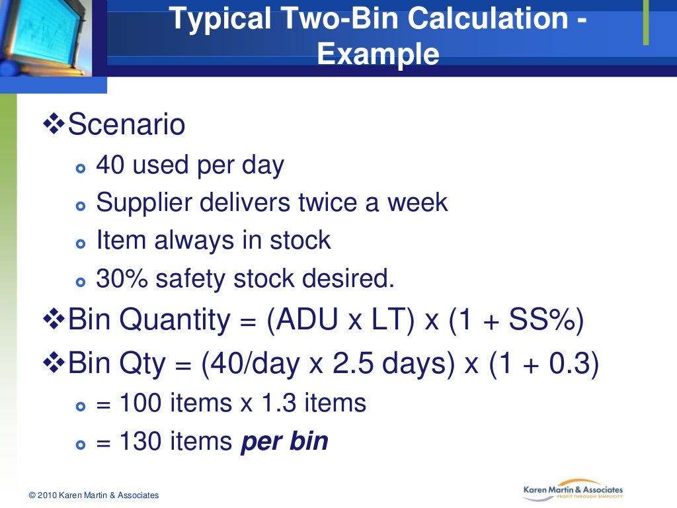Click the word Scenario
point(126,125)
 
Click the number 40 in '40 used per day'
point(110,165)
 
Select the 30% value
point(122,278)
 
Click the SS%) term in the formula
point(546,321)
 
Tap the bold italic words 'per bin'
point(284,441)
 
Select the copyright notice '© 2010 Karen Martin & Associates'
point(94,495)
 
